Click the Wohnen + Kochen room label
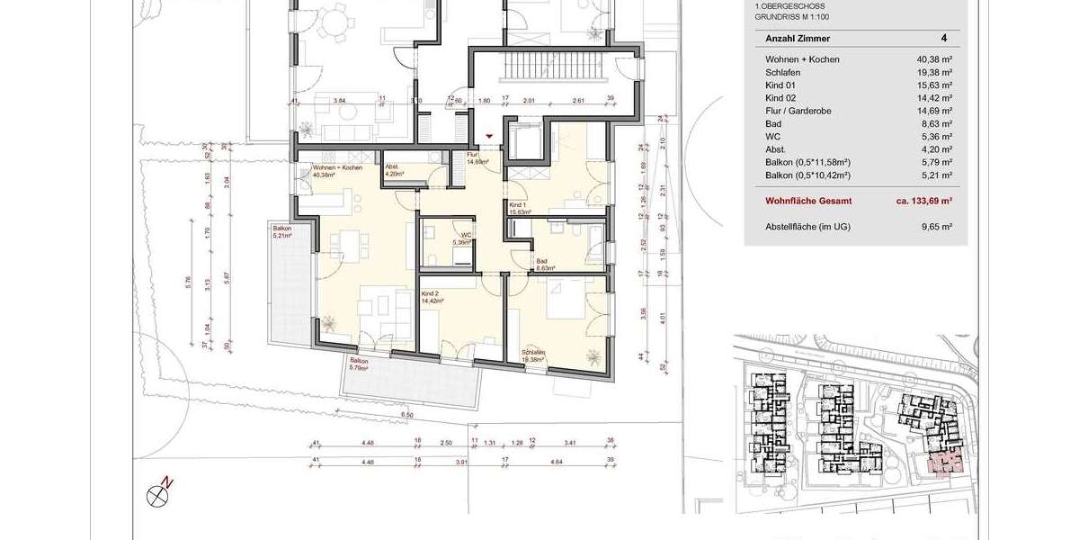(x=337, y=173)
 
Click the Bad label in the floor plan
(x=543, y=264)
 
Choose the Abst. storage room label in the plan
(x=393, y=171)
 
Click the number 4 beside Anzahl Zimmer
(x=943, y=39)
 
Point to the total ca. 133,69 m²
(x=923, y=202)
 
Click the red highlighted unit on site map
(x=943, y=463)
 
